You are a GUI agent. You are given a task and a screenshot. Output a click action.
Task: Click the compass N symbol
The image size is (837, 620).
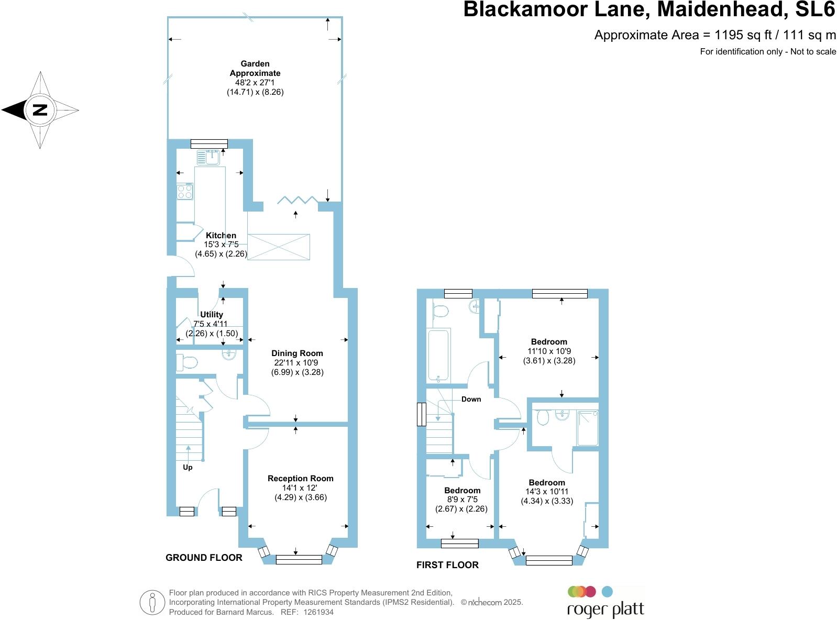40,110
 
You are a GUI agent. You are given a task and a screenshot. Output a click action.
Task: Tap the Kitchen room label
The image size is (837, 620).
221,236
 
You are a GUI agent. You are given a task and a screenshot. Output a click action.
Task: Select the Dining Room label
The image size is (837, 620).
297,353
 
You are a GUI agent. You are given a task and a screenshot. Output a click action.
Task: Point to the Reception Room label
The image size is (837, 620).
300,478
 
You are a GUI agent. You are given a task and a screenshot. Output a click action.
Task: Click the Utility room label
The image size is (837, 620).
212,314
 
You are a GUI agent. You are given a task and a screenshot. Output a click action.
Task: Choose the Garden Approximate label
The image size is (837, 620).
255,69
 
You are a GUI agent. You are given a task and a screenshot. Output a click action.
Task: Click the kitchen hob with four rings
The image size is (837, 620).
185,191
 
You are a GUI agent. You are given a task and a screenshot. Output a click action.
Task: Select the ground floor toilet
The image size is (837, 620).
186,361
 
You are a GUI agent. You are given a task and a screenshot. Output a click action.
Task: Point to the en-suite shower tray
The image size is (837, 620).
587,428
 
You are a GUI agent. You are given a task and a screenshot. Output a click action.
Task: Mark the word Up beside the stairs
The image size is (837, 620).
188,467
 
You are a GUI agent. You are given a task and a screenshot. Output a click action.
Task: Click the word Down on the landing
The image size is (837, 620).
471,399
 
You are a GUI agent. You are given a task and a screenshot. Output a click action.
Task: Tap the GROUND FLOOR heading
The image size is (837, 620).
204,558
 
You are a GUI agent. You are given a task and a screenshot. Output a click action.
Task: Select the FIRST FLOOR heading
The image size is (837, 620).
447,564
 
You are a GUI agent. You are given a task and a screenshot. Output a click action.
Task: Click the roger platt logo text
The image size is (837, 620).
606,610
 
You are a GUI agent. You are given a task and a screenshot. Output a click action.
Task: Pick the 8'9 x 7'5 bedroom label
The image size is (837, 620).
462,491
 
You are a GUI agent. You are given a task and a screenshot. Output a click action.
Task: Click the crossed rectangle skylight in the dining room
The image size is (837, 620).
279,247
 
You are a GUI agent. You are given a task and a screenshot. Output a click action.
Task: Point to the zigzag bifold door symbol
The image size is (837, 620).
298,200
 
